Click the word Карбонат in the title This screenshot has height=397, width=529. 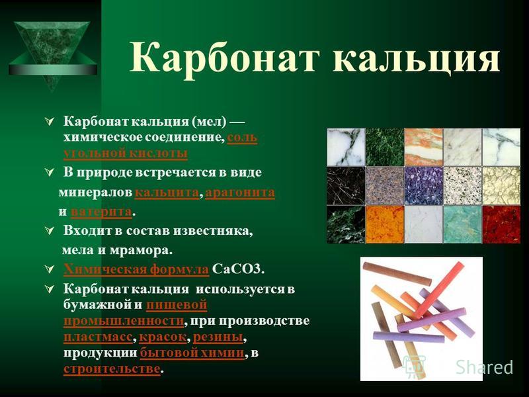(x=224, y=58)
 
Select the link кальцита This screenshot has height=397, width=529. (x=167, y=193)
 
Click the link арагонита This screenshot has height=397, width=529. (x=240, y=193)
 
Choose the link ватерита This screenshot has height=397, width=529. (x=101, y=212)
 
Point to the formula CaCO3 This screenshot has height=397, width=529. (x=237, y=269)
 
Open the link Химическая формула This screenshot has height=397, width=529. (x=136, y=269)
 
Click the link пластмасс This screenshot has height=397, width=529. (x=98, y=337)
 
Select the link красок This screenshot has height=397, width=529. (x=163, y=337)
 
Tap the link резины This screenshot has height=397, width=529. (x=218, y=337)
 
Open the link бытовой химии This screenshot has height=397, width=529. (x=192, y=353)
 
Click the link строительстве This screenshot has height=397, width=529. (x=112, y=369)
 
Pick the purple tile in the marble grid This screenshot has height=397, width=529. (x=423, y=186)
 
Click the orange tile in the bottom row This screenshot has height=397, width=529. (x=385, y=224)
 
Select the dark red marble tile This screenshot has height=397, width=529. (x=501, y=224)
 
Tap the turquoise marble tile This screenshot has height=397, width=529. (x=462, y=224)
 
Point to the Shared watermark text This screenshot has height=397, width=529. (x=485, y=367)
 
